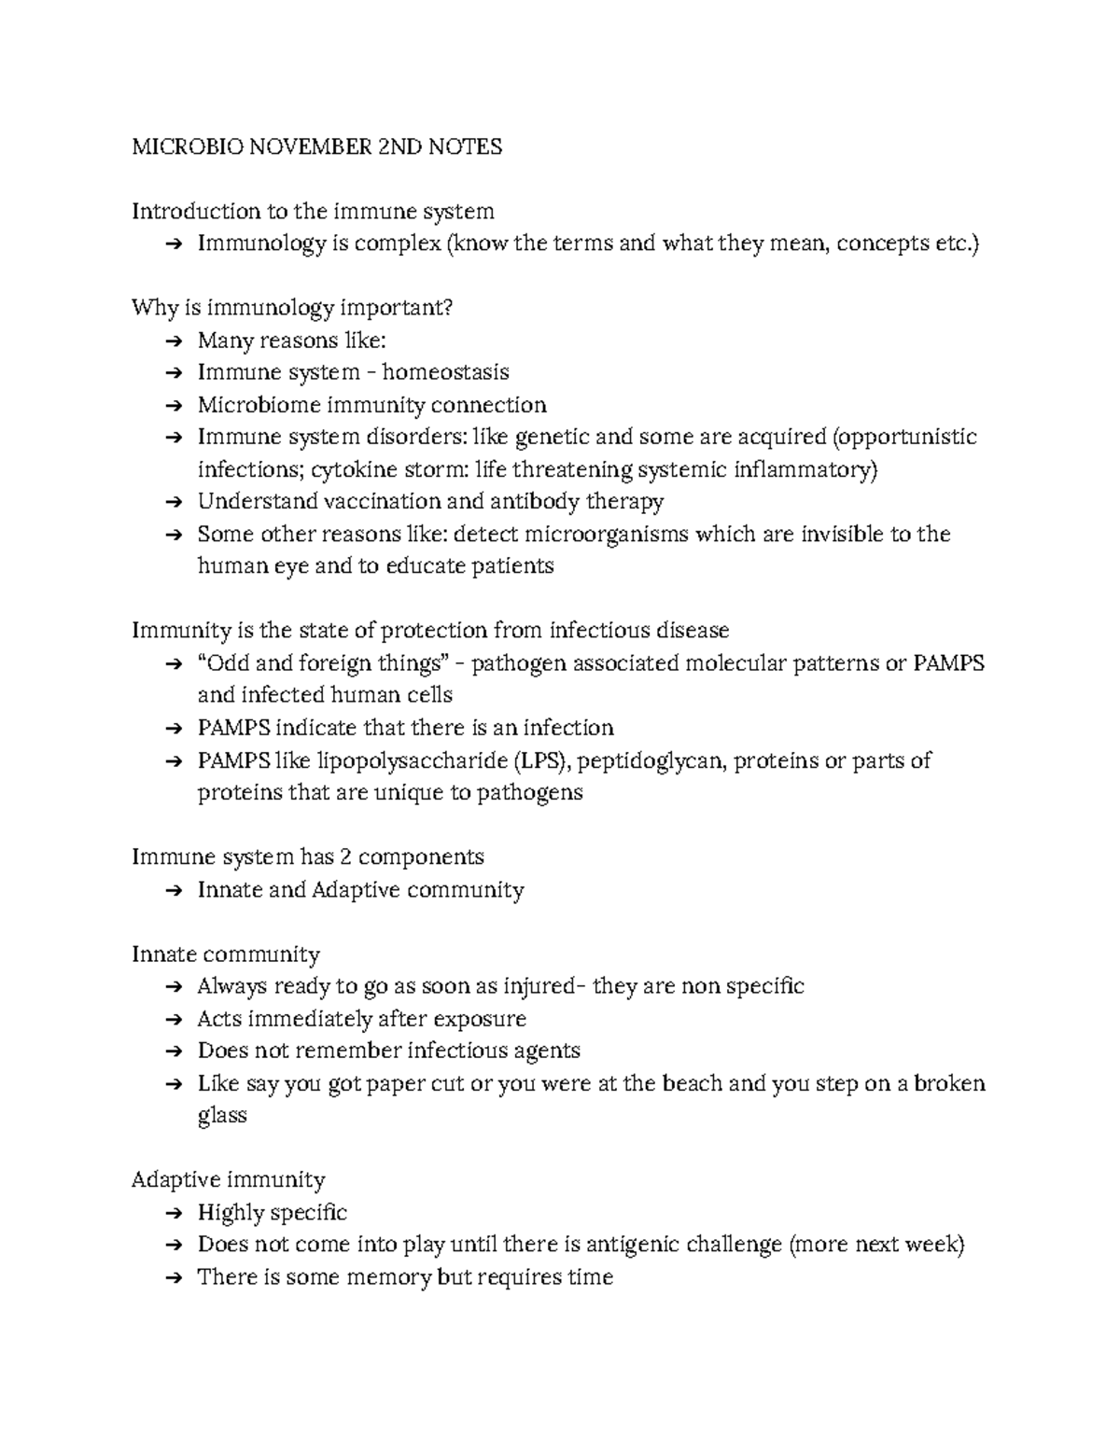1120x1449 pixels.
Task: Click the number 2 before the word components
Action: pyautogui.click(x=343, y=857)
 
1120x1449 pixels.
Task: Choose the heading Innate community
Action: pyautogui.click(x=225, y=954)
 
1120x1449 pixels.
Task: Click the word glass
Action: pyautogui.click(x=221, y=1116)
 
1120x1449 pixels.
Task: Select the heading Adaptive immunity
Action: pyautogui.click(x=228, y=1180)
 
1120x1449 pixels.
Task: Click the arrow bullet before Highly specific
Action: pyautogui.click(x=173, y=1214)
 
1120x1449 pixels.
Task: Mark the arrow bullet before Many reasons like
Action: pyautogui.click(x=173, y=341)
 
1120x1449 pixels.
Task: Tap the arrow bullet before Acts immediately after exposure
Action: pyautogui.click(x=173, y=1020)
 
